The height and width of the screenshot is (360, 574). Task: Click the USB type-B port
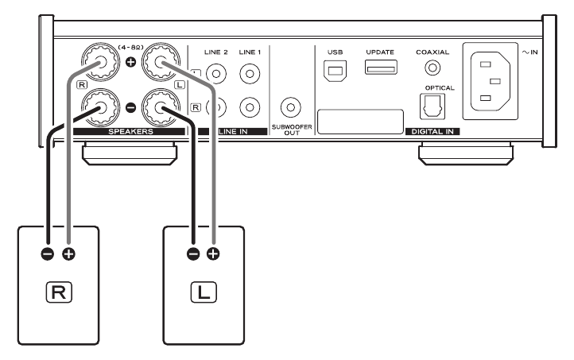tap(335, 71)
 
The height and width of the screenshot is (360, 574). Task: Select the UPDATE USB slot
tap(381, 68)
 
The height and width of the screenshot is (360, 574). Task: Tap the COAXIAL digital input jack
tap(432, 68)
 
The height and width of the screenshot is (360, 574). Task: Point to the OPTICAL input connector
tap(432, 106)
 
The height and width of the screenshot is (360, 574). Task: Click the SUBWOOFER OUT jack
tap(291, 107)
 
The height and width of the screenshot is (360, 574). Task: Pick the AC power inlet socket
tap(491, 81)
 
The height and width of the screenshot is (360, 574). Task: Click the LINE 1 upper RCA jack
tap(250, 74)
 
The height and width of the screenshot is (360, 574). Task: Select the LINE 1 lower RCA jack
tap(250, 107)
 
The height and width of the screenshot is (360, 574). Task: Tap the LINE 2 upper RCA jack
tap(216, 74)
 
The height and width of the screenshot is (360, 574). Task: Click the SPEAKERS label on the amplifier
tap(130, 131)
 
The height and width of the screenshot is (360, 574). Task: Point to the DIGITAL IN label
tap(432, 131)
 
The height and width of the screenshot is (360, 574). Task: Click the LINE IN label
tap(233, 131)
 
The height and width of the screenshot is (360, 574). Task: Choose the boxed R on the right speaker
tap(59, 292)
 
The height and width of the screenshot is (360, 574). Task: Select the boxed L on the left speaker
tap(204, 292)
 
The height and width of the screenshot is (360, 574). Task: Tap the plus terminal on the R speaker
tap(68, 254)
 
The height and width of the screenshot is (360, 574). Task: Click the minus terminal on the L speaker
tap(193, 254)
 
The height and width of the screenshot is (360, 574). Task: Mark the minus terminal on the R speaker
tap(48, 254)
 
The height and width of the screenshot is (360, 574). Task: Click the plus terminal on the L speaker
tap(213, 254)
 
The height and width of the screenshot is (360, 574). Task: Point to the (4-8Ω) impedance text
tap(130, 48)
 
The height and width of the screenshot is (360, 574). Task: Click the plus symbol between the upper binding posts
tap(130, 62)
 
